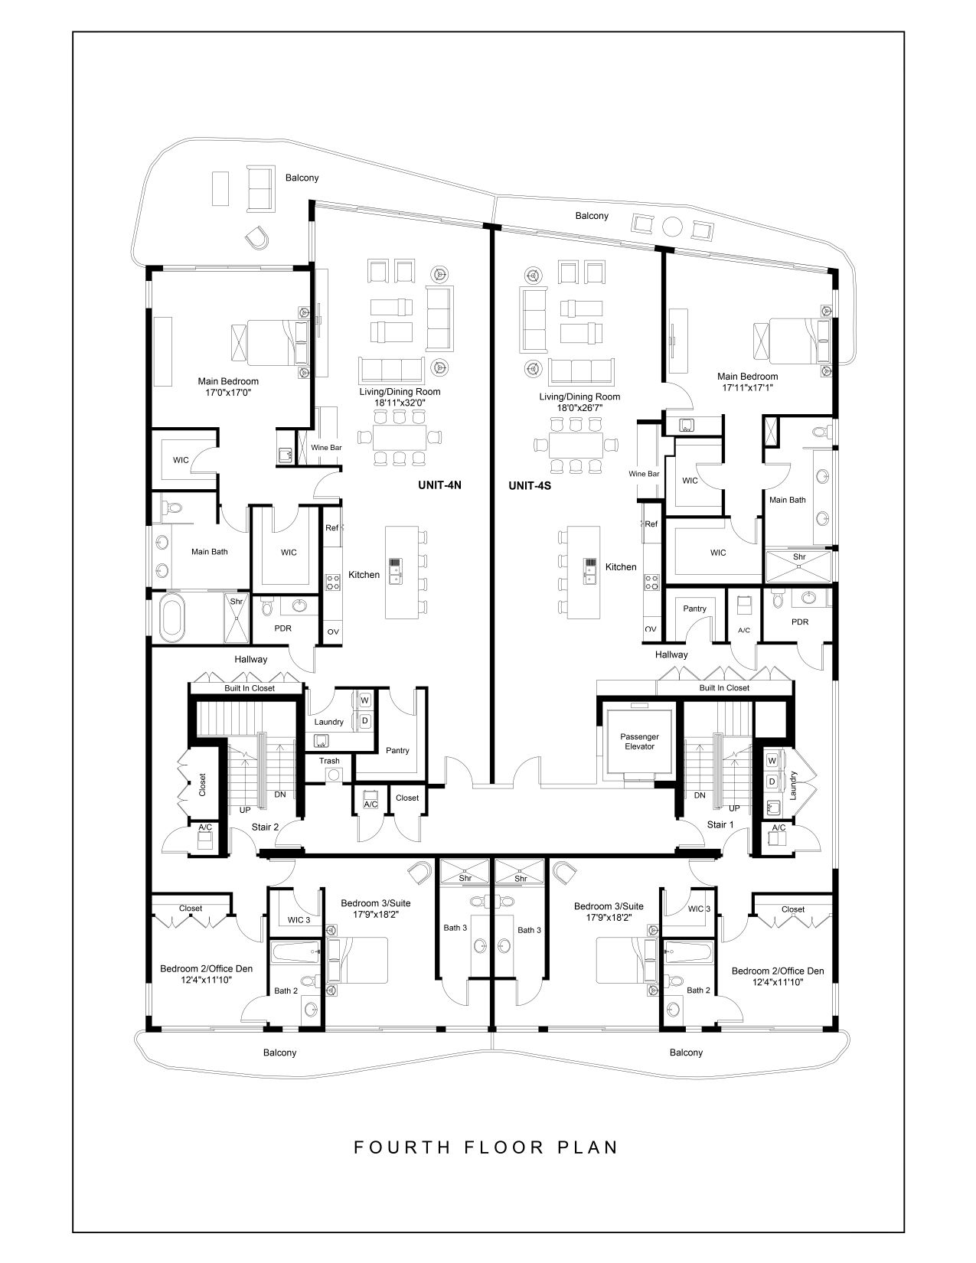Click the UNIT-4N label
pyautogui.click(x=439, y=485)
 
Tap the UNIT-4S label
pyautogui.click(x=530, y=485)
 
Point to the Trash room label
pyautogui.click(x=329, y=760)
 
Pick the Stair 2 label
pyautogui.click(x=265, y=827)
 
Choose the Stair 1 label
pyautogui.click(x=720, y=824)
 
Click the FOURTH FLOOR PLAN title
pyautogui.click(x=486, y=1147)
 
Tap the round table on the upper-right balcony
pyautogui.click(x=673, y=226)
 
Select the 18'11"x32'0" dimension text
pyautogui.click(x=400, y=402)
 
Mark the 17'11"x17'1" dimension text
pyautogui.click(x=748, y=387)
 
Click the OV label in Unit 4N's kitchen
pyautogui.click(x=333, y=631)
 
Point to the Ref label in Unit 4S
pyautogui.click(x=651, y=524)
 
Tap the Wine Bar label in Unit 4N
pyautogui.click(x=326, y=448)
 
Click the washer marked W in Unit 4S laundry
pyautogui.click(x=772, y=760)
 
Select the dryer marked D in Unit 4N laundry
pyautogui.click(x=365, y=721)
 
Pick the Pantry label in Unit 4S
pyautogui.click(x=694, y=609)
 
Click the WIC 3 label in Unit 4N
pyautogui.click(x=299, y=920)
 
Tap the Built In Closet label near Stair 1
pyautogui.click(x=724, y=687)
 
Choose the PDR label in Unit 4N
pyautogui.click(x=283, y=628)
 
